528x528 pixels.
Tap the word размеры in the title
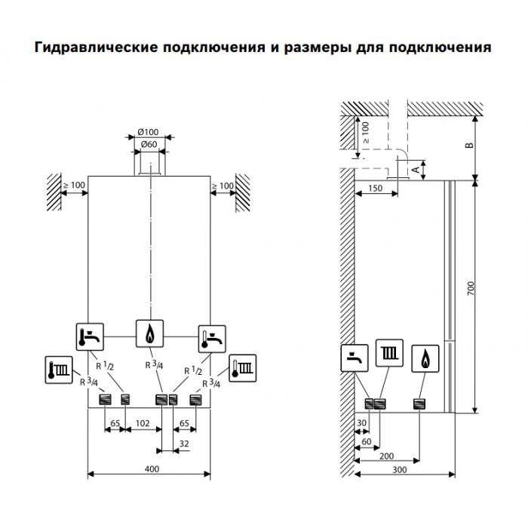point(309,48)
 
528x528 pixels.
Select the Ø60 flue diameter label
point(149,144)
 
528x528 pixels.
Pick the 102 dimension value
point(143,423)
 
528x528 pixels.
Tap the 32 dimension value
point(183,445)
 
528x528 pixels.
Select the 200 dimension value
point(386,456)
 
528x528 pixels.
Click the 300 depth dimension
point(400,469)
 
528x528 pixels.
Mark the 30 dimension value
point(363,423)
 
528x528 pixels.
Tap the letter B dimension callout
point(469,145)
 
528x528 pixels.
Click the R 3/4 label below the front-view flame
point(152,365)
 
